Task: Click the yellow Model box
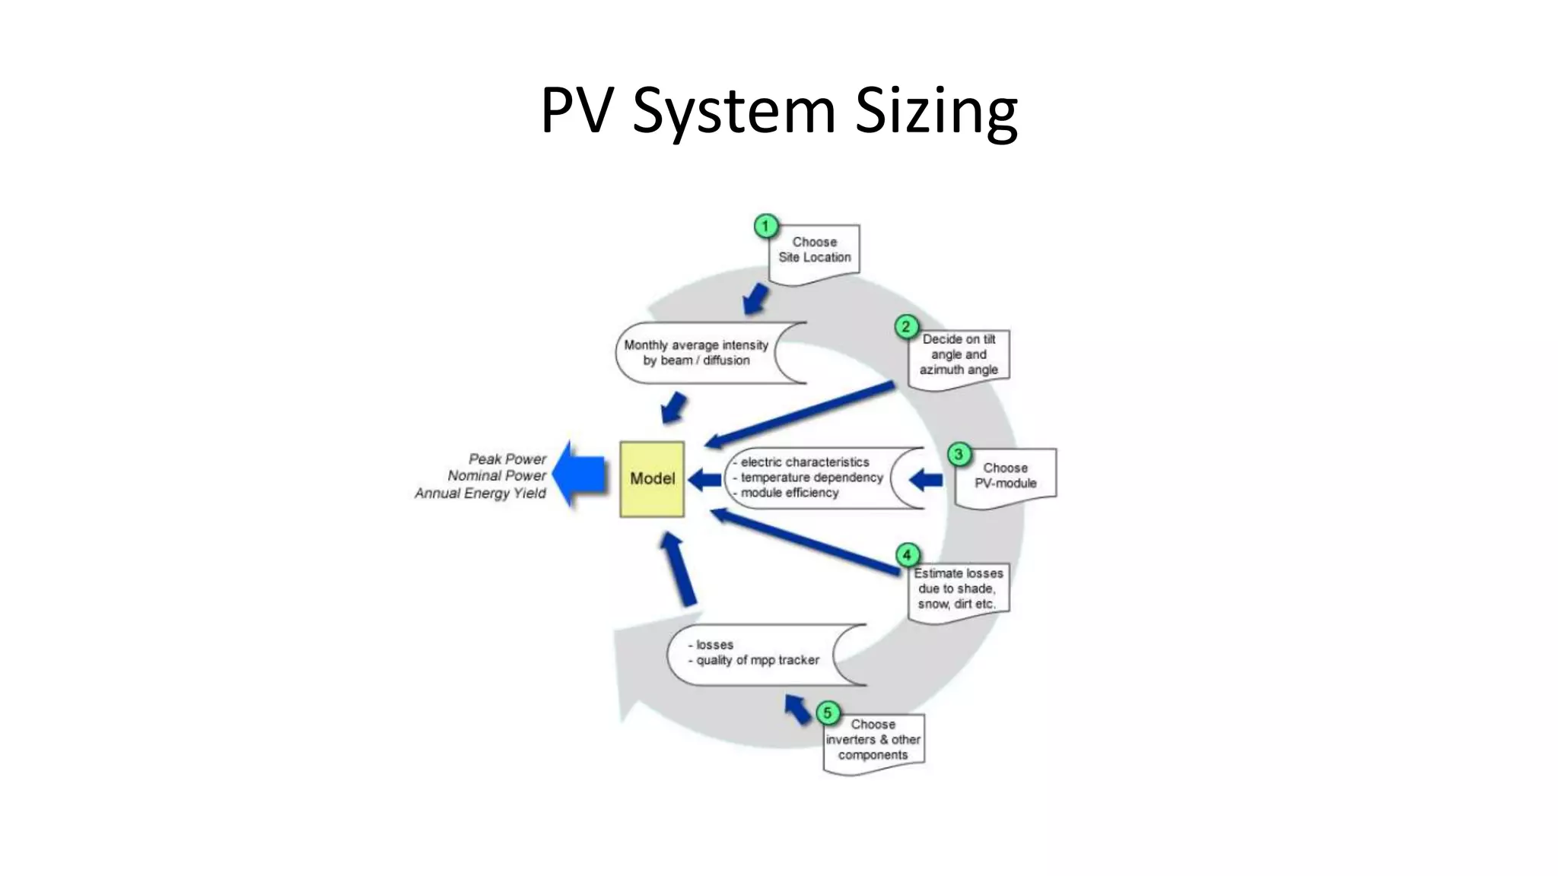coord(652,479)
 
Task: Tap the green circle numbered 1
coord(765,226)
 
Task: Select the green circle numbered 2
coord(905,327)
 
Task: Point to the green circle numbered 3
coord(959,455)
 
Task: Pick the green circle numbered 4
coord(907,555)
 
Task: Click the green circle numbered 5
coord(828,713)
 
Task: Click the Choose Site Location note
coord(816,251)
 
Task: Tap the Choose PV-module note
coord(1006,476)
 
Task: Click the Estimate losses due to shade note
coord(959,590)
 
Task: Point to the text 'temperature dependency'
coord(811,478)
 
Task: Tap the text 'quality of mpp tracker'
coord(758,660)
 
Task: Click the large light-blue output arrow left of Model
coord(580,474)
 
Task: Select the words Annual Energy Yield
coord(480,494)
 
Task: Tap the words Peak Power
coord(507,459)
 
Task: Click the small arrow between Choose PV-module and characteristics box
coord(926,479)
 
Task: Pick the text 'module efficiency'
coord(789,493)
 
